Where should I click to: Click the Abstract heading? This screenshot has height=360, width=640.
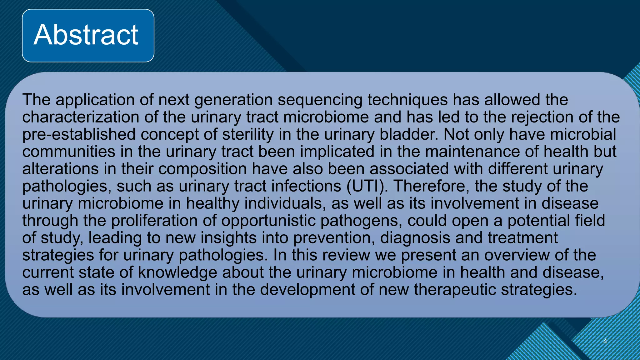click(x=86, y=35)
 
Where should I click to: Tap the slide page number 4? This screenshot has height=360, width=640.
click(x=605, y=341)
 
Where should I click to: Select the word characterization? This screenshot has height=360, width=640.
click(x=81, y=117)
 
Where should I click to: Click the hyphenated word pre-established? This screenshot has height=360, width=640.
click(x=79, y=135)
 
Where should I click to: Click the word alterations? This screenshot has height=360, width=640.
click(x=60, y=169)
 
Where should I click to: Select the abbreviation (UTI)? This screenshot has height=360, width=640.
click(x=367, y=186)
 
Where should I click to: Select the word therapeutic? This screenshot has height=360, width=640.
click(x=455, y=290)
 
